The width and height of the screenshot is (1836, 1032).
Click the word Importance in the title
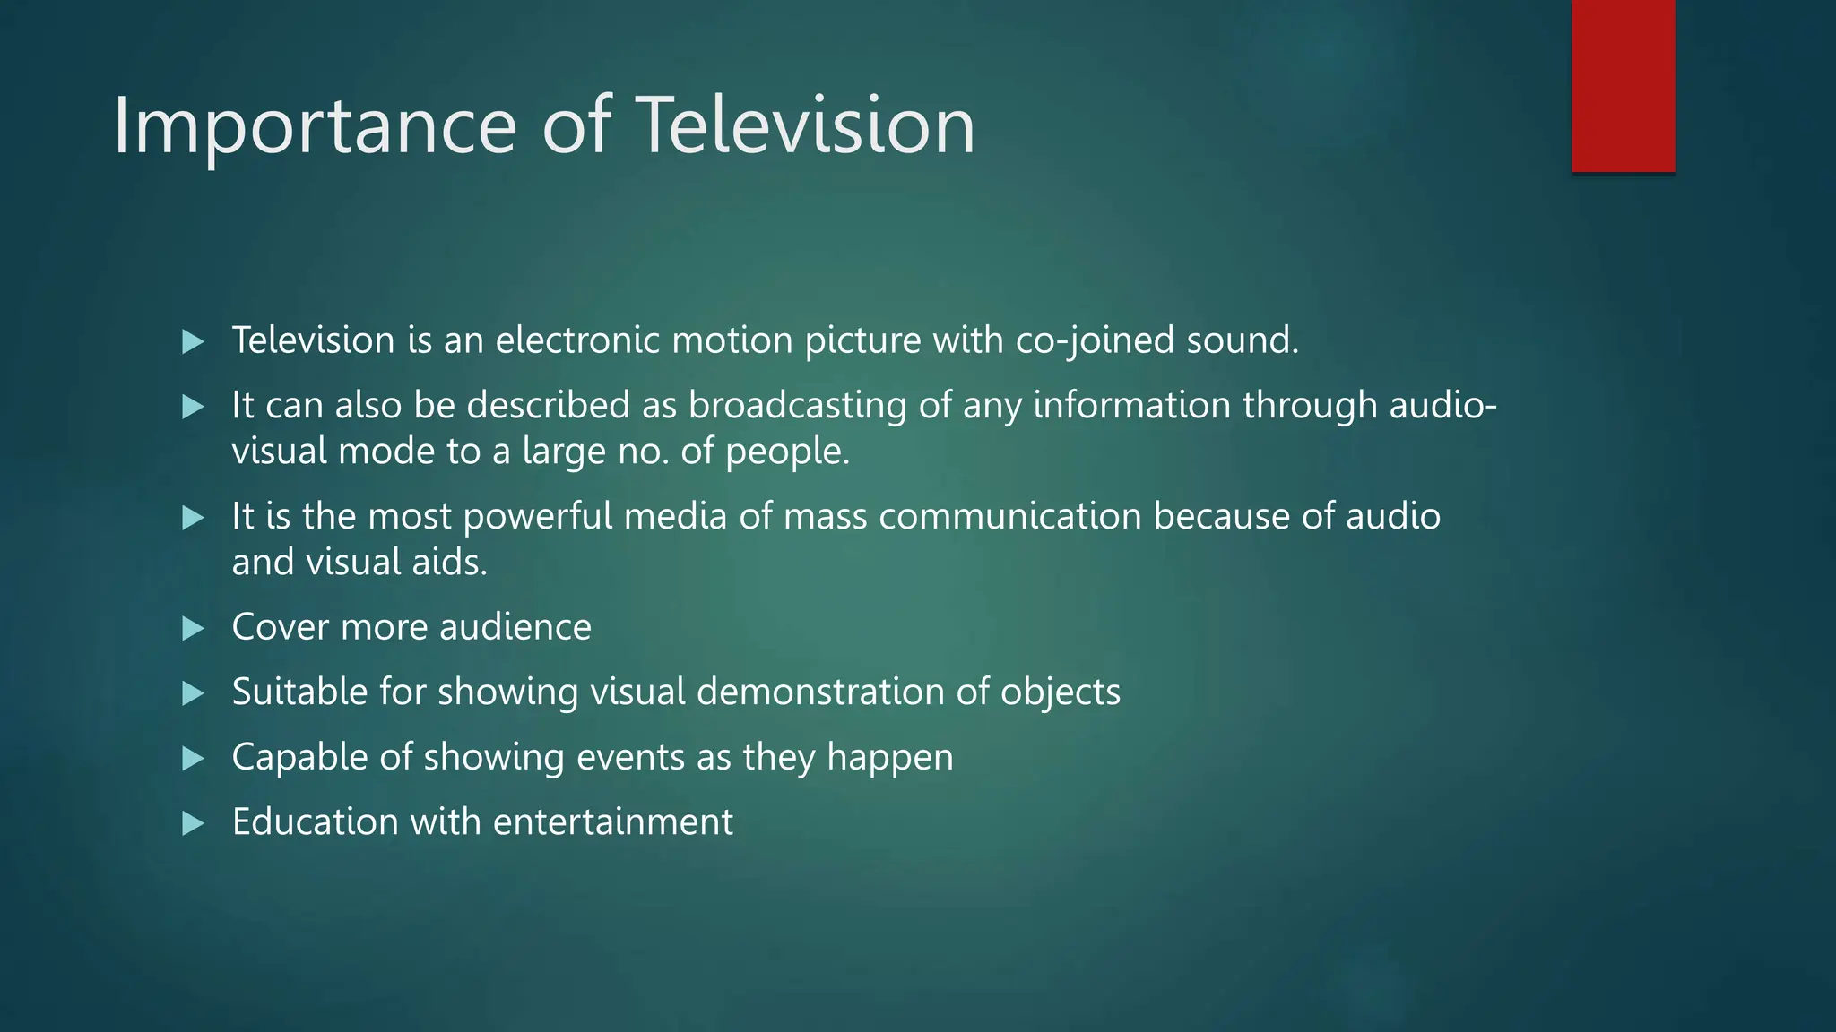click(x=315, y=127)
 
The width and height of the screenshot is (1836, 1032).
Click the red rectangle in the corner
click(x=1623, y=85)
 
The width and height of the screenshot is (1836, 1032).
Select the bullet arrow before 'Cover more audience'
click(x=193, y=628)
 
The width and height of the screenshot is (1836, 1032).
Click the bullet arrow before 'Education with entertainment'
click(x=193, y=823)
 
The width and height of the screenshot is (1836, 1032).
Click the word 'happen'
click(x=889, y=759)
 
